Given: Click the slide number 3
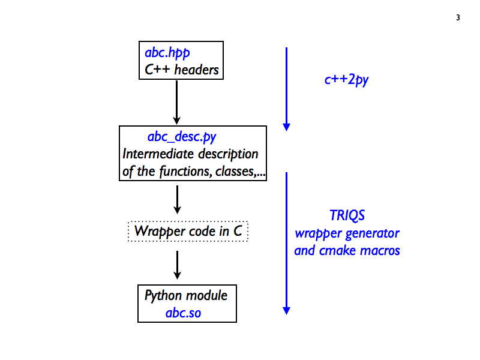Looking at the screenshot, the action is (x=458, y=17).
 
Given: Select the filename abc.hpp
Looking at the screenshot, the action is (x=167, y=53).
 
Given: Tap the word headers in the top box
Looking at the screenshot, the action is (x=197, y=70).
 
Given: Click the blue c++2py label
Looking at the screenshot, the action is (x=347, y=80).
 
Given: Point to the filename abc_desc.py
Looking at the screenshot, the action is (x=182, y=137).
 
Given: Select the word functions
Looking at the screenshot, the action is (x=185, y=171).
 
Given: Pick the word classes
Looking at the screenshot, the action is (x=235, y=172).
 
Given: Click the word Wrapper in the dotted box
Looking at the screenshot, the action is (x=160, y=232).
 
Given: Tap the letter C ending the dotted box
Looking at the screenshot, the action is (x=238, y=231).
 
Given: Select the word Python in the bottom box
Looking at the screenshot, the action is (x=163, y=296).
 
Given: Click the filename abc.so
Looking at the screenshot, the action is (x=183, y=313).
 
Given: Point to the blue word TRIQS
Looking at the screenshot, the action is (x=347, y=215).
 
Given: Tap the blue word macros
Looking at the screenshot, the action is (x=380, y=251).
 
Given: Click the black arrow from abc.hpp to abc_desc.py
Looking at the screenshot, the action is (x=176, y=103).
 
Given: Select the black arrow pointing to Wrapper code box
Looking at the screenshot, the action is (x=177, y=200).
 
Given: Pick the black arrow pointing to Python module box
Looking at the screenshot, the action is (x=177, y=265).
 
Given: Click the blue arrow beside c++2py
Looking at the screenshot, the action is (x=287, y=89).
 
